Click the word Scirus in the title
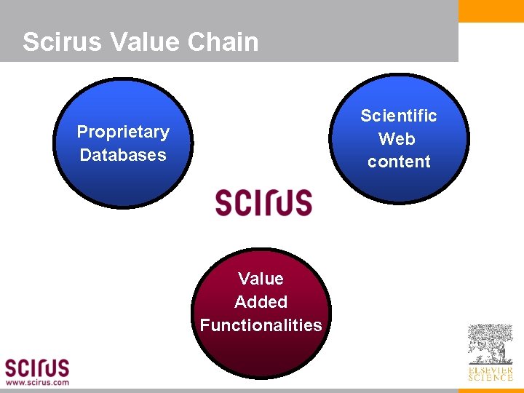(62, 41)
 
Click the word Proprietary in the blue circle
(123, 132)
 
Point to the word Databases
(123, 155)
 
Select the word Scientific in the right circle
(399, 116)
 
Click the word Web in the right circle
(397, 138)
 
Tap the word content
(399, 162)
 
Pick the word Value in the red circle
(261, 279)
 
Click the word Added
(261, 302)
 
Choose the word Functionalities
(261, 325)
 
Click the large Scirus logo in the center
(263, 202)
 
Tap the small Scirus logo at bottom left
(37, 367)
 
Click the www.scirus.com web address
(38, 382)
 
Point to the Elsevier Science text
(490, 373)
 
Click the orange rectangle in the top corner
(491, 11)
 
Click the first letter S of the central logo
(224, 202)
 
